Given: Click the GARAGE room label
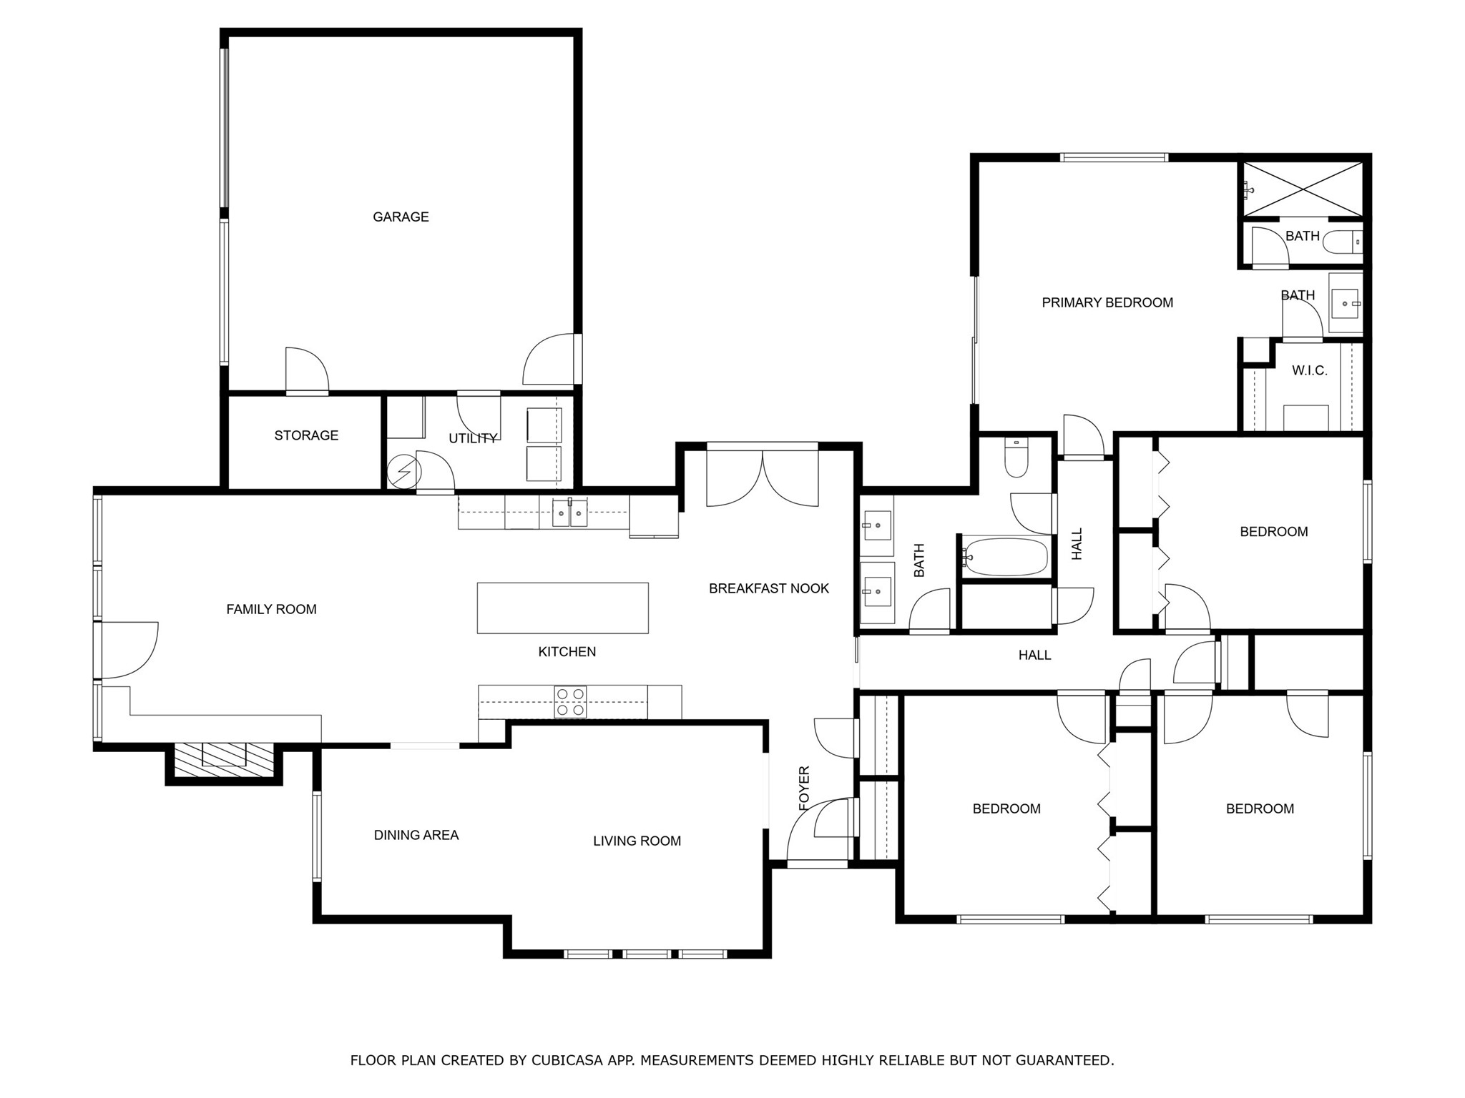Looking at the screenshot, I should (x=401, y=217).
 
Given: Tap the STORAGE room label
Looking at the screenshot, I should (x=306, y=435).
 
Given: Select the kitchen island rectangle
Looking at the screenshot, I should (x=563, y=608).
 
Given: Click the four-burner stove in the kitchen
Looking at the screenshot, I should (x=570, y=701).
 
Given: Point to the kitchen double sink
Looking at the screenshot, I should (x=569, y=513).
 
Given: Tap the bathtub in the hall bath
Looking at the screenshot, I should (x=1005, y=557).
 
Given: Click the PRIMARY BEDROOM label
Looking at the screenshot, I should (x=1107, y=302).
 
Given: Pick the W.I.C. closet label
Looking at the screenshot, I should (x=1309, y=370).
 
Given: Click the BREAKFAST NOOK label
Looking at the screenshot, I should (x=769, y=588).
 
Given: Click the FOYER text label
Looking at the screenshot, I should (x=804, y=788).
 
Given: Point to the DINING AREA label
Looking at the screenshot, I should (x=416, y=835).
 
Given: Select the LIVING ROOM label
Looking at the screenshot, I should (x=637, y=841).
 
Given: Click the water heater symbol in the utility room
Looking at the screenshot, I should (x=400, y=472).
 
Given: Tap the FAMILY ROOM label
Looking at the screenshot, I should (x=271, y=609).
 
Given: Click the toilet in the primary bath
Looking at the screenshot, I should (x=1341, y=243).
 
